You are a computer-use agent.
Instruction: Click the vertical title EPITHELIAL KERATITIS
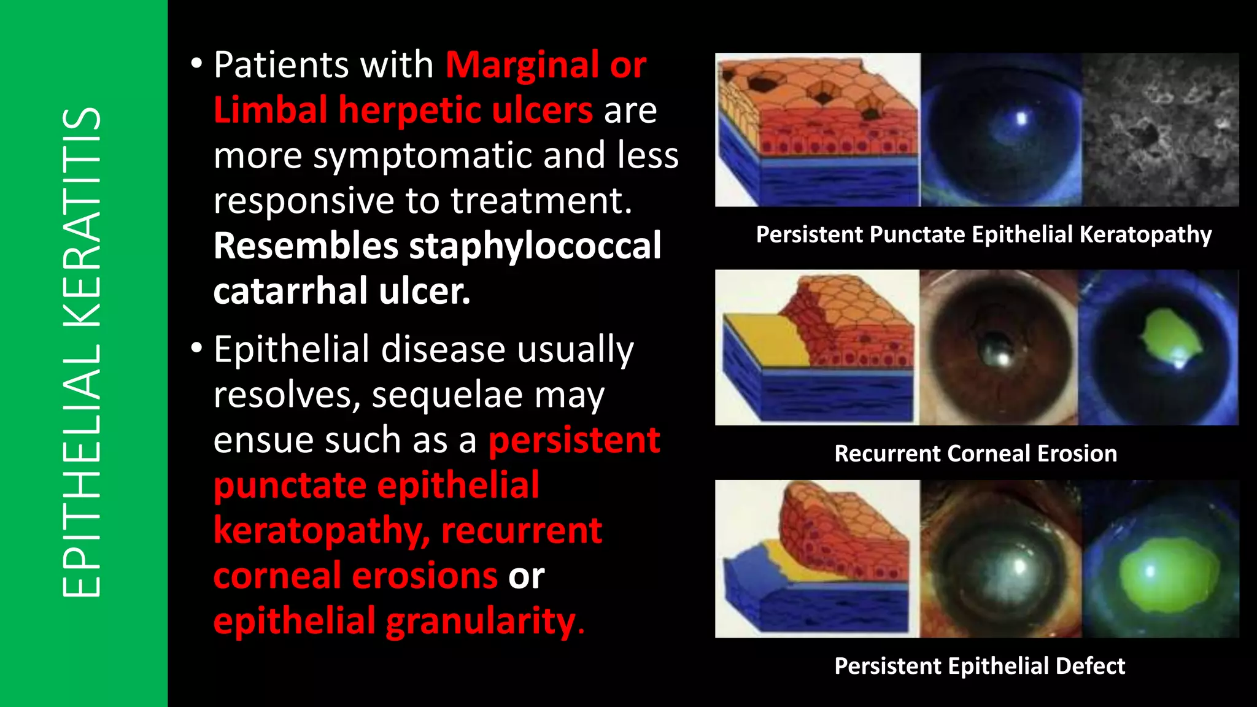(82, 353)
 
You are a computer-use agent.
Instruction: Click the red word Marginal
(522, 64)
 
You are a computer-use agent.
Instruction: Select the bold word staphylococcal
(535, 245)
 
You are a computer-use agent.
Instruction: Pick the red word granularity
(480, 621)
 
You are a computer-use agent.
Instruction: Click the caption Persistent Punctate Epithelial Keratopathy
(983, 234)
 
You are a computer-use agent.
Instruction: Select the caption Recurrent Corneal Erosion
(975, 454)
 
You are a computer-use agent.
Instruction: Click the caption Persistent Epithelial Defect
(979, 666)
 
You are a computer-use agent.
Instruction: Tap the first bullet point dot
(196, 63)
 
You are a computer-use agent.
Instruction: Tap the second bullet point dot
(196, 348)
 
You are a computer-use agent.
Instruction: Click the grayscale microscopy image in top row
(1160, 129)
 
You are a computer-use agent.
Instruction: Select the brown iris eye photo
(998, 347)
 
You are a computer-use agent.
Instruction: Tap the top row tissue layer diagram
(818, 129)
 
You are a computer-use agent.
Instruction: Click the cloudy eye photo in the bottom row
(1000, 559)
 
